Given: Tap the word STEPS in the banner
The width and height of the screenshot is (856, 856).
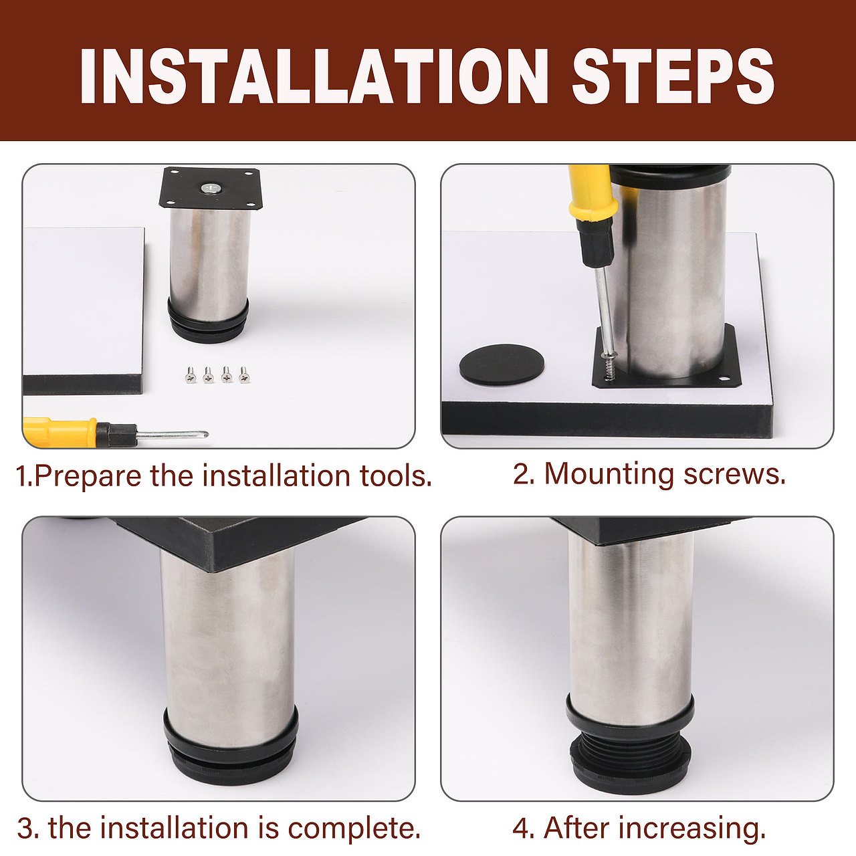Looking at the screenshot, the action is (x=673, y=76).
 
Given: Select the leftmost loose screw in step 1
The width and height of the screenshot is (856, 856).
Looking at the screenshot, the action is (x=191, y=374).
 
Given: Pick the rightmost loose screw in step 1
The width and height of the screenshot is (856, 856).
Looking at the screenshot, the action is (x=244, y=374).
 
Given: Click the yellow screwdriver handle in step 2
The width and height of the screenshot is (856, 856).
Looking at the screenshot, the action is (x=593, y=192).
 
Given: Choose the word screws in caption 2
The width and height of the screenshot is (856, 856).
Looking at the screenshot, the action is (x=734, y=475).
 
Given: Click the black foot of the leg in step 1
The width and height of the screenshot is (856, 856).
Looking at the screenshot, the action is (x=208, y=321).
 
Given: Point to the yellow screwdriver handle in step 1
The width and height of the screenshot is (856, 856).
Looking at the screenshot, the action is (x=60, y=431).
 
